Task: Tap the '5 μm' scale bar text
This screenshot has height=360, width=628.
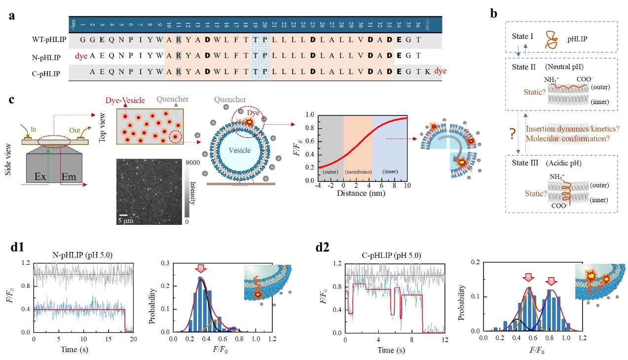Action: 126,220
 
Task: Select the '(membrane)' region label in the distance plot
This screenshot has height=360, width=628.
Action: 358,173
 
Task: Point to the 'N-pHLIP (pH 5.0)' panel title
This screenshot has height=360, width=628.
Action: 82,254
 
